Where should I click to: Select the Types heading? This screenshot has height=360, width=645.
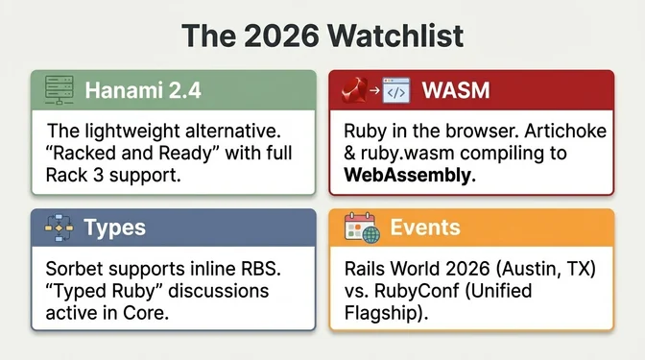tap(115, 228)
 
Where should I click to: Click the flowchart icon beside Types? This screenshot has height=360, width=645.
tap(58, 228)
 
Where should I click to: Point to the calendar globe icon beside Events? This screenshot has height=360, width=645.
tap(360, 229)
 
